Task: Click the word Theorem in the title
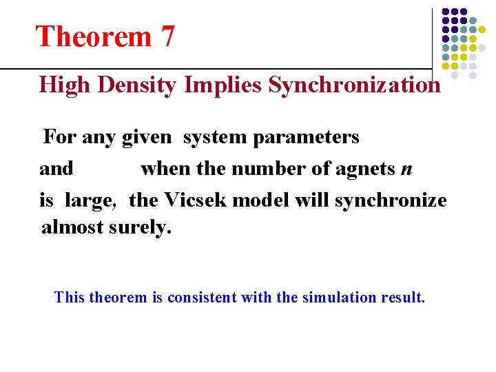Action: (x=93, y=37)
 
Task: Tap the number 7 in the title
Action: (x=168, y=37)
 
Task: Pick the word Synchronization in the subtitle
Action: (x=354, y=85)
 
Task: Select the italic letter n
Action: (x=406, y=169)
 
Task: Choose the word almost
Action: (x=72, y=227)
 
